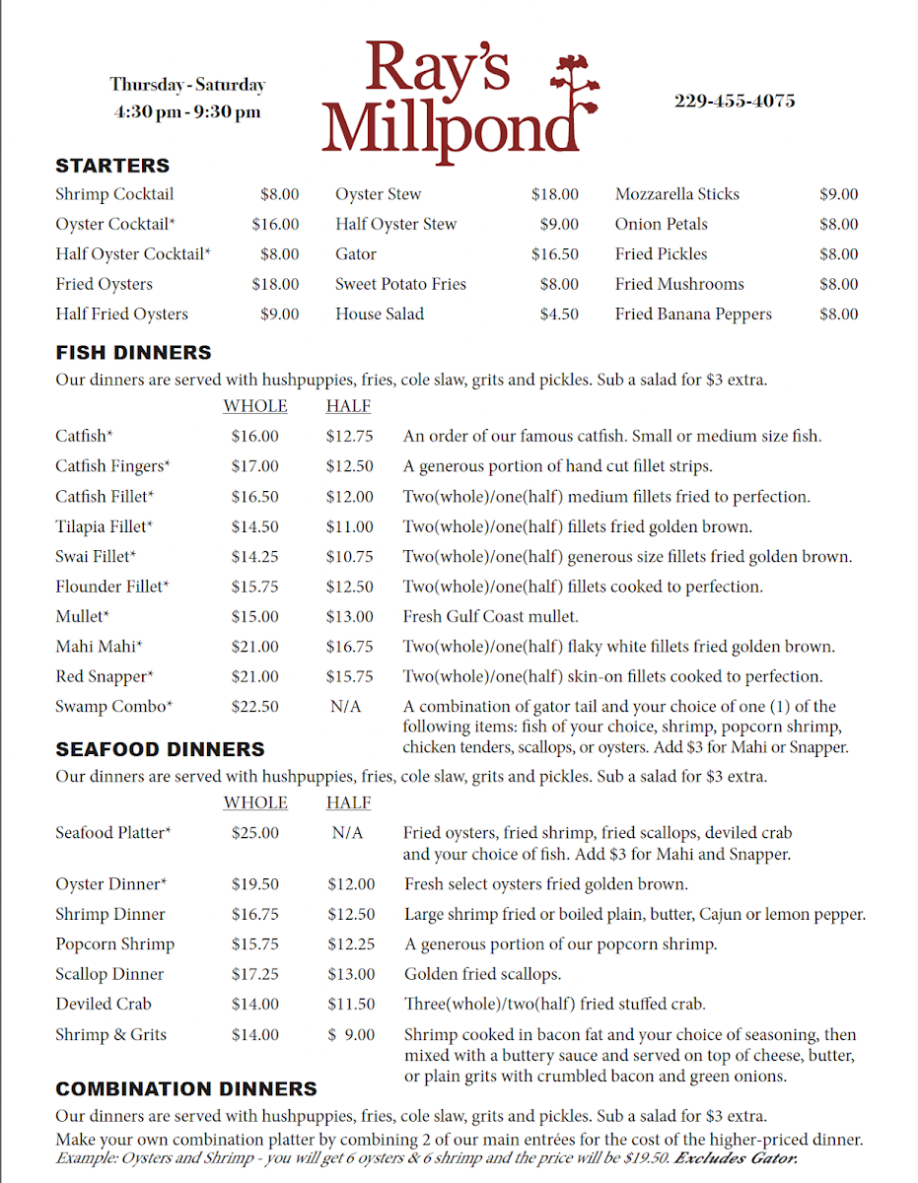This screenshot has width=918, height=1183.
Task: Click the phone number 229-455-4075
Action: [x=735, y=102]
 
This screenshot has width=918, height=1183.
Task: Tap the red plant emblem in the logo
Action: [x=575, y=94]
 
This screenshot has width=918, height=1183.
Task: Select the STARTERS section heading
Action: [x=112, y=166]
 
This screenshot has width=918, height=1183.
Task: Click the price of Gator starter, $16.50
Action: [x=554, y=254]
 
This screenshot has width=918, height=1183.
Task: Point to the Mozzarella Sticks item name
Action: [x=676, y=194]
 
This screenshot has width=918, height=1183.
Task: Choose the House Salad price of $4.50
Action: [x=559, y=314]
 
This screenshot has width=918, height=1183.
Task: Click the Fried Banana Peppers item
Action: [x=693, y=314]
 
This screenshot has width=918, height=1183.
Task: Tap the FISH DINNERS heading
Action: [x=133, y=352]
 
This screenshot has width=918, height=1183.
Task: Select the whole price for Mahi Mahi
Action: [x=254, y=647]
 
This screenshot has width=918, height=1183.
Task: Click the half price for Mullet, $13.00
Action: [x=350, y=617]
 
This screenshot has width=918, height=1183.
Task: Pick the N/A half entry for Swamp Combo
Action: [x=347, y=707]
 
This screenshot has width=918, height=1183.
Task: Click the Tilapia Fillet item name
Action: [x=104, y=526]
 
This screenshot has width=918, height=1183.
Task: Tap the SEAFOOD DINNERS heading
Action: [x=160, y=749]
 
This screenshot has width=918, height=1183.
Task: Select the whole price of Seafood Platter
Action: [x=254, y=833]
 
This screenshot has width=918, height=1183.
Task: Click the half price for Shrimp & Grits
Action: [x=351, y=1035]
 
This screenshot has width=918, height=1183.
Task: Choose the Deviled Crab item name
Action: [x=103, y=1005]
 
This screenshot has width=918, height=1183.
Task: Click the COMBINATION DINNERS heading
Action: [x=186, y=1089]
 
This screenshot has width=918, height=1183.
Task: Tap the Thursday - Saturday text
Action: [x=187, y=85]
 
